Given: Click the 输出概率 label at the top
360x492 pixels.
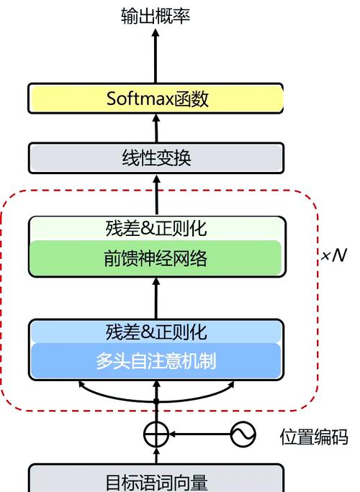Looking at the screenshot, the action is tap(156, 16).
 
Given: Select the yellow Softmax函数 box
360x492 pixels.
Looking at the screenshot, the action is tap(156, 99).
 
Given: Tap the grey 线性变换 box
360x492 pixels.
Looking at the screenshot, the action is tap(156, 158).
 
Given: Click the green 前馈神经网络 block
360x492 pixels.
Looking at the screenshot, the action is tap(156, 258).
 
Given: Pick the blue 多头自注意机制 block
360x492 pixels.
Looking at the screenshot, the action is tap(156, 360).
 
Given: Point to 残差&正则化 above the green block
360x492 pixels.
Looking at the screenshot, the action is tap(156, 229).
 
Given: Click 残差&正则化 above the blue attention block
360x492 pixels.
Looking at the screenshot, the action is tap(156, 332).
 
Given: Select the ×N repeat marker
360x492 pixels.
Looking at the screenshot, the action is tap(334, 255).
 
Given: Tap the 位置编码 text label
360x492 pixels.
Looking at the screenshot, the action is tap(314, 437).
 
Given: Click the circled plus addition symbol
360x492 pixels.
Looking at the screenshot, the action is tap(156, 434).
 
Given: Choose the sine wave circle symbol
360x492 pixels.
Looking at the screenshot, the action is tap(243, 434).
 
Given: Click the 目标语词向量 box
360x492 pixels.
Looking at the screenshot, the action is tap(156, 478).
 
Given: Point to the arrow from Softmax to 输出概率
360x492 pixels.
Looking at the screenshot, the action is tap(156, 56).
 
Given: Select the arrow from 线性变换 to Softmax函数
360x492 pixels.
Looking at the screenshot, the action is tap(156, 128).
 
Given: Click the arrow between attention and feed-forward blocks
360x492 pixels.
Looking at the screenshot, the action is tap(156, 299).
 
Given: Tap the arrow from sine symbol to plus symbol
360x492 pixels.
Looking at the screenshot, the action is tap(199, 434).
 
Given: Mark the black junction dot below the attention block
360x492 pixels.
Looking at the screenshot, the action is tap(156, 401).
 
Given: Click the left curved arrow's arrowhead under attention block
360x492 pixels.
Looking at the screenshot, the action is tap(81, 384).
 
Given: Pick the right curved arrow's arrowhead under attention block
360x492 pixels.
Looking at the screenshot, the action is tap(231, 384).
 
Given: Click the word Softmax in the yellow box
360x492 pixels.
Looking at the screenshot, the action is tap(140, 99).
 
